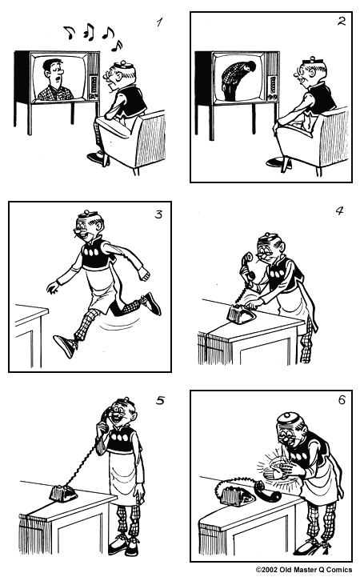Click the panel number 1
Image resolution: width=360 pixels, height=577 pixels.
coord(159,23)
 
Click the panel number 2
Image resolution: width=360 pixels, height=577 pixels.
coord(341,22)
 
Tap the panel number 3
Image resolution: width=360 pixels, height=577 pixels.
coord(158,214)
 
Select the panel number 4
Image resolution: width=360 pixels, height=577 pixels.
coord(339,212)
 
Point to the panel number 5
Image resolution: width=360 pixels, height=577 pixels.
coord(159,401)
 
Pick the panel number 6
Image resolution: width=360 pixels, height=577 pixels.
coord(341,400)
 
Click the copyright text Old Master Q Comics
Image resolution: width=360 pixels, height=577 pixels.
coord(303,570)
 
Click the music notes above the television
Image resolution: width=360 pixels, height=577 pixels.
coord(91,34)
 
